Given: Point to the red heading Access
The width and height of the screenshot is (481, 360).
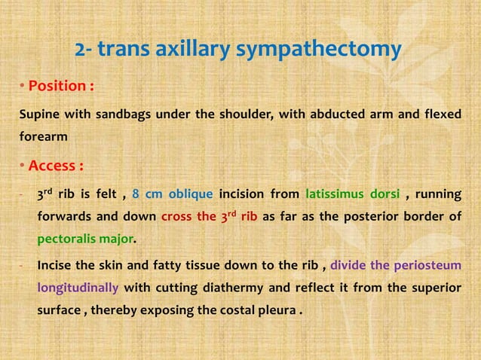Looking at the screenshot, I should point(55,166).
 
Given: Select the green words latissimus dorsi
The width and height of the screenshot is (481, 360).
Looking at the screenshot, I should point(352,194).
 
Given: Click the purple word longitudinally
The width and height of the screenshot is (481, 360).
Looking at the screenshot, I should point(78,288).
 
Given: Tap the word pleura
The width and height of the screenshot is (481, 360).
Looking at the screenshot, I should point(276,310).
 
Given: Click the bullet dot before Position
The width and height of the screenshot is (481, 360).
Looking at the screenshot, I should point(23,87).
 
